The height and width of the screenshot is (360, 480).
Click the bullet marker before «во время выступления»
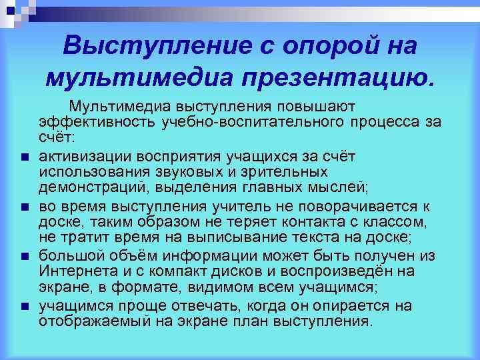pyautogui.click(x=24, y=207)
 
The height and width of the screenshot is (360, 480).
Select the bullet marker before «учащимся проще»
pyautogui.click(x=24, y=307)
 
